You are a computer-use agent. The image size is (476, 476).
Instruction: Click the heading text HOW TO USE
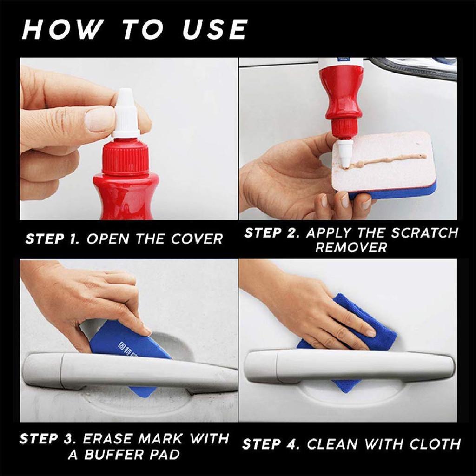click(x=135, y=29)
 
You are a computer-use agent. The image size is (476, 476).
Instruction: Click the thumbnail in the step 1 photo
click(x=99, y=119)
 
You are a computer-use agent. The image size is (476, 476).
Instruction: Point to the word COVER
click(x=197, y=239)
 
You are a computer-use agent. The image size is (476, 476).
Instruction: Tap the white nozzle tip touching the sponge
click(x=344, y=158)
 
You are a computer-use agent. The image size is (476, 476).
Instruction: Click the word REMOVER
click(x=351, y=247)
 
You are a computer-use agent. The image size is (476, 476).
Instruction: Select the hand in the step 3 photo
click(x=93, y=297)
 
